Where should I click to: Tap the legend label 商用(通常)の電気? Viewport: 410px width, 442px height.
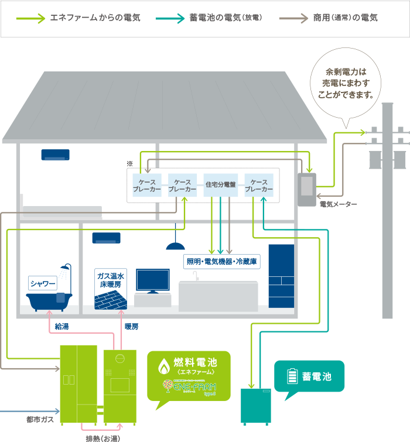point(346,18)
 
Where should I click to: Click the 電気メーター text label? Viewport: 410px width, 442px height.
point(338,204)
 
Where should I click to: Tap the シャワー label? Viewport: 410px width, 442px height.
point(43,285)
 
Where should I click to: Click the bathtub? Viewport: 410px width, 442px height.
point(49,302)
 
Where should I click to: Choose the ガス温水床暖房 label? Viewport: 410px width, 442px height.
point(110,280)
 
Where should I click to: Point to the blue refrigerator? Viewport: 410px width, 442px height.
point(281,276)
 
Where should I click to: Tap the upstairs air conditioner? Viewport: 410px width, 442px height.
point(55,155)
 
